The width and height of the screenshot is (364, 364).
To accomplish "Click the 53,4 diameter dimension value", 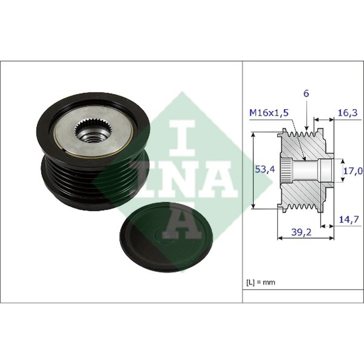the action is (265, 170).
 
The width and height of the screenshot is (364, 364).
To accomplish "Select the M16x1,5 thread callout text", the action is (269, 113).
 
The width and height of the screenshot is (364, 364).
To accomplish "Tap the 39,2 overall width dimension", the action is (301, 232).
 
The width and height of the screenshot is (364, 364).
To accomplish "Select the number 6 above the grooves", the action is (306, 94).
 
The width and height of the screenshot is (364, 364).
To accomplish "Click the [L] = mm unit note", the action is (261, 282).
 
